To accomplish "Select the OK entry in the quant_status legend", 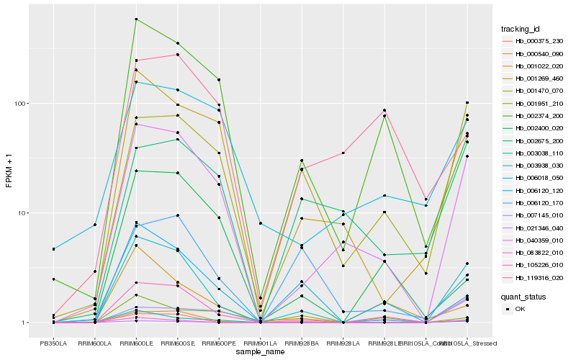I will tap(529, 308).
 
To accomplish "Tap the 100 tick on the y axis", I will tap(21, 104).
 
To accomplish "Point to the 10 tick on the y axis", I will tap(23, 213).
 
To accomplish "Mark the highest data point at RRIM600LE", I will tap(136, 19).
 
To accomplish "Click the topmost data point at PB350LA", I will tap(53, 249).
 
